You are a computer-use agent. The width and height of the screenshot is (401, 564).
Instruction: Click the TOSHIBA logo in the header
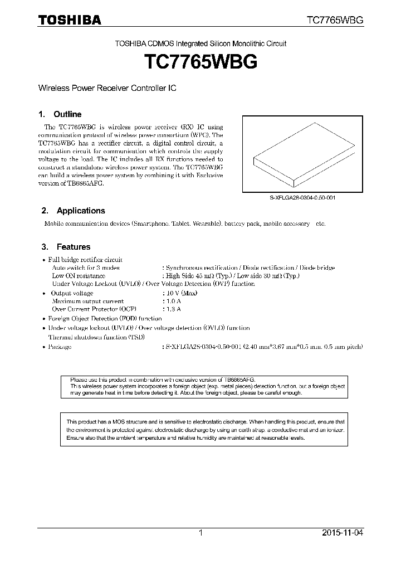tap(69, 20)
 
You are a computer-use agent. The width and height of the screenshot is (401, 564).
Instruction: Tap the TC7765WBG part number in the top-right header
tap(335, 20)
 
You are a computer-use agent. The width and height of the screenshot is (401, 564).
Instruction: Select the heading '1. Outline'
tap(62, 114)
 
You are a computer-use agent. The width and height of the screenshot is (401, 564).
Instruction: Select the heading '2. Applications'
tap(74, 211)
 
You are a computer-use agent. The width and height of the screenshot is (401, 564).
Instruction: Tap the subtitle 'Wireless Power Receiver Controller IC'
tap(107, 89)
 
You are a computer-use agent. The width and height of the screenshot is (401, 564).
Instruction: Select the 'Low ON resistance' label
tap(79, 276)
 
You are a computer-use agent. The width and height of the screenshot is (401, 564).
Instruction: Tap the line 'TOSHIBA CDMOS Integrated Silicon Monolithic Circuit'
tap(200, 43)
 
